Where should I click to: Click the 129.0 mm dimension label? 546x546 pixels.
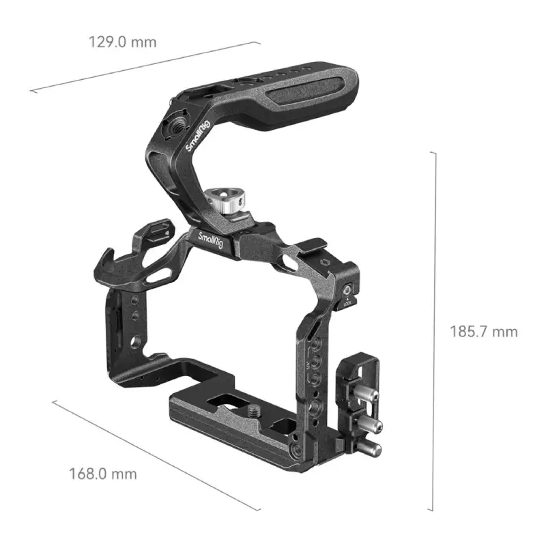point(122,42)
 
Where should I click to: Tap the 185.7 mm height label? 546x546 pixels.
point(483,332)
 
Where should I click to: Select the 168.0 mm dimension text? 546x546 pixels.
point(102,473)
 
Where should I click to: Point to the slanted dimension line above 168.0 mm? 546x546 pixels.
point(156,455)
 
